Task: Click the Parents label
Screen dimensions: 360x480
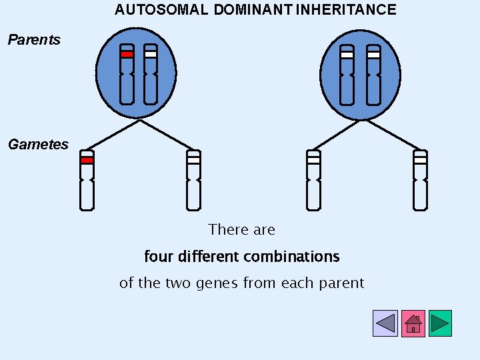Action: (x=33, y=40)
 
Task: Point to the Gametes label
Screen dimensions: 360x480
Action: (x=38, y=145)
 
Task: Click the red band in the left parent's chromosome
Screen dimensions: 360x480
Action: (x=127, y=55)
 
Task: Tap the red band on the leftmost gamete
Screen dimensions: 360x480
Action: (x=87, y=160)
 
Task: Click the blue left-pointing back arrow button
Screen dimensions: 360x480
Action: (x=385, y=323)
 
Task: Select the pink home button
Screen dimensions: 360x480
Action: (x=413, y=323)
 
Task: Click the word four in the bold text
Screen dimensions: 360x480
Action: (x=157, y=257)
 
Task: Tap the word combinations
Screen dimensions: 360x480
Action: (x=291, y=257)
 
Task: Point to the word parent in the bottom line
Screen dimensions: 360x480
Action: (x=343, y=283)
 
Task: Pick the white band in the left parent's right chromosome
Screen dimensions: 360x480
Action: (x=151, y=55)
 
